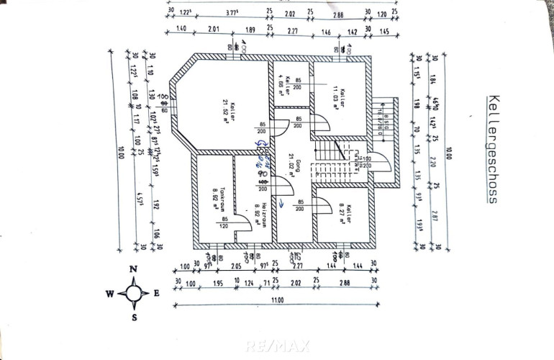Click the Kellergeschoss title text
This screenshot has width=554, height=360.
click(x=492, y=148)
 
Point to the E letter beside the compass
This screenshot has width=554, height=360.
click(x=157, y=293)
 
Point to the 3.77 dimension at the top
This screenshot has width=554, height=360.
click(x=232, y=12)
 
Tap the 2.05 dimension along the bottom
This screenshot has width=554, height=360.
click(x=235, y=266)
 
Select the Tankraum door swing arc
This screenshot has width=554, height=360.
click(x=245, y=225)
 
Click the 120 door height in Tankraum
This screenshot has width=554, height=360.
click(x=225, y=225)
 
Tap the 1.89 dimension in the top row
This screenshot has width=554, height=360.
click(x=250, y=30)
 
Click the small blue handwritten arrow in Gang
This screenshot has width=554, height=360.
click(x=283, y=204)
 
